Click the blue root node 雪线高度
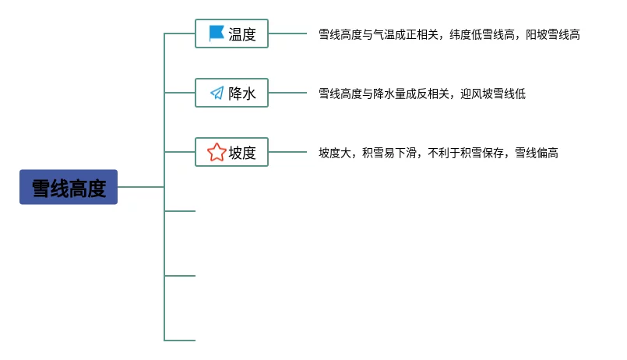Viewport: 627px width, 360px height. [69, 187]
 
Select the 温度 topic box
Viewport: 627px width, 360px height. [231, 34]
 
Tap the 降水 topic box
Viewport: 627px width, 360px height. [231, 94]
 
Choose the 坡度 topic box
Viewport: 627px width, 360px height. [231, 153]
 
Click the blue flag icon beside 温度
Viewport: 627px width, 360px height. [217, 34]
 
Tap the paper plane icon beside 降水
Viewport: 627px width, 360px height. [217, 94]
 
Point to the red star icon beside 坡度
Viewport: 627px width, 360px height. [217, 153]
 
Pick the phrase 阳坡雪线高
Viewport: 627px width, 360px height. [552, 34]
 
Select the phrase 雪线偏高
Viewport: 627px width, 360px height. [537, 153]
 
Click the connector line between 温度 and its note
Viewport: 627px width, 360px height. [287, 34]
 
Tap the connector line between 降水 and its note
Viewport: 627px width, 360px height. [287, 94]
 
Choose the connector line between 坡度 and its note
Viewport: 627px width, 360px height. [287, 153]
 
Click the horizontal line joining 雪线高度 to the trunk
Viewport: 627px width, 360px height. [140, 187]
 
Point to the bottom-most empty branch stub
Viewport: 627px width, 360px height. [180, 341]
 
